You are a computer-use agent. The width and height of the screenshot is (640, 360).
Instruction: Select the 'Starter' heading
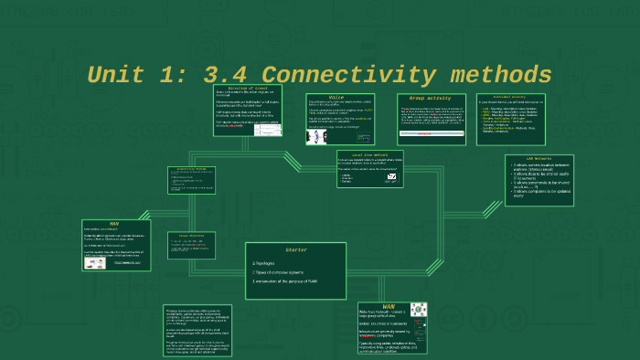point(295,249)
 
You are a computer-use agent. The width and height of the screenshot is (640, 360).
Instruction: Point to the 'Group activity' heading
point(431,98)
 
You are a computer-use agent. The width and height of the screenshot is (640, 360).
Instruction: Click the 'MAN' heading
point(114,224)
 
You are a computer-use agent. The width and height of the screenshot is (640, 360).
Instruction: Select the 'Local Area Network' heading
point(369,154)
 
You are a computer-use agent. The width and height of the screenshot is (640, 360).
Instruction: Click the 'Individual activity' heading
point(509,97)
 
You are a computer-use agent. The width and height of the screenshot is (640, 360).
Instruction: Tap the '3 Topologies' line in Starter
point(264,263)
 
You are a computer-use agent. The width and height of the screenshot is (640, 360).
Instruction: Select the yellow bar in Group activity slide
point(431,132)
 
